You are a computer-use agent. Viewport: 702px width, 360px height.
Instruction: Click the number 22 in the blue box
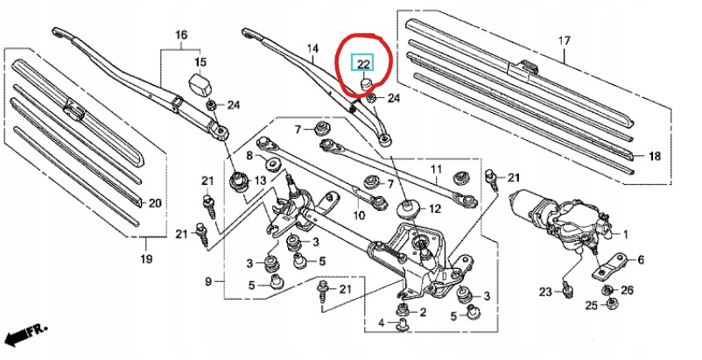(362, 64)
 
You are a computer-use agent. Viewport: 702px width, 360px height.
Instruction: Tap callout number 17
(565, 41)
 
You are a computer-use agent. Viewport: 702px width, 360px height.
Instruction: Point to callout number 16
(181, 35)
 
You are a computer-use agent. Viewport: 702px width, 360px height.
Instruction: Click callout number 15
(200, 62)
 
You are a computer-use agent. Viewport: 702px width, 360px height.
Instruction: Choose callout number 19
(146, 258)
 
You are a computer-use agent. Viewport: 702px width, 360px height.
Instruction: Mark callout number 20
(155, 203)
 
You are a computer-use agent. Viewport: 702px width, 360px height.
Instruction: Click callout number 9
(209, 281)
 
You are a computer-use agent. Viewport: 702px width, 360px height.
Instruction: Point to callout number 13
(259, 180)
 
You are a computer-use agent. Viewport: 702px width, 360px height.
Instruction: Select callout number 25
(592, 305)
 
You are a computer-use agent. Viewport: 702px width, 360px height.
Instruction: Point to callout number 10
(359, 215)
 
